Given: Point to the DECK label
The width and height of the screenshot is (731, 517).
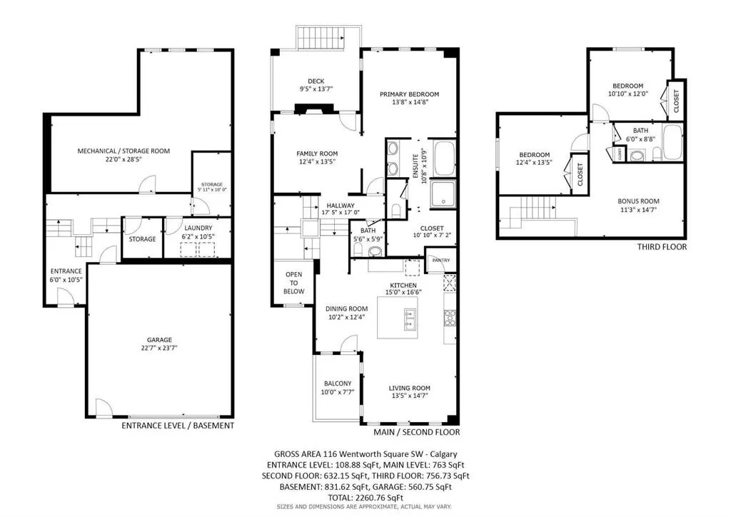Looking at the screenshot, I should [316, 81].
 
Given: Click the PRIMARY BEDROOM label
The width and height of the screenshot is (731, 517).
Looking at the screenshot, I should [409, 94].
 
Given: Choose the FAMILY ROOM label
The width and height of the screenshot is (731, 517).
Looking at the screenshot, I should [317, 154].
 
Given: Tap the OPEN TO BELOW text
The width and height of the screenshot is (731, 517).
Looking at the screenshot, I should [294, 283].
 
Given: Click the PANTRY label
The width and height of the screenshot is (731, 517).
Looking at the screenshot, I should [436, 261].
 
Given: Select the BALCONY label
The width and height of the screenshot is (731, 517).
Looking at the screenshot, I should [338, 383].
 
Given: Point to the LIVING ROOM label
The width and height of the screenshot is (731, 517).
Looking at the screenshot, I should [410, 388].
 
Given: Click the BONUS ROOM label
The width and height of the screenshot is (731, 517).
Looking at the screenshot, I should [638, 201].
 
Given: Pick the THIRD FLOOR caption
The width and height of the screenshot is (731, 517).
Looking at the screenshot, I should [662, 247].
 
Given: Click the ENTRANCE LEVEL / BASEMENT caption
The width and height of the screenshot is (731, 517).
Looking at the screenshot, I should [178, 426].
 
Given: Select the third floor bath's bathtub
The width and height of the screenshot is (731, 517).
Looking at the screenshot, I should [672, 143].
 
